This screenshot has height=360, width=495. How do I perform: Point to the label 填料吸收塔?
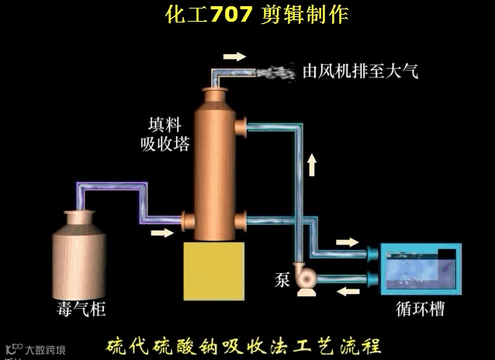click(169, 134)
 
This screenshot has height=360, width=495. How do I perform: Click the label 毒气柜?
click(81, 310)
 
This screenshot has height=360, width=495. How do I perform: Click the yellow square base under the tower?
click(215, 268)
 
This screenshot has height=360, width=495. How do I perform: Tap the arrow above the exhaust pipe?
click(234, 56)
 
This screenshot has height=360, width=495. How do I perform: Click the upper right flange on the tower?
click(242, 123)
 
